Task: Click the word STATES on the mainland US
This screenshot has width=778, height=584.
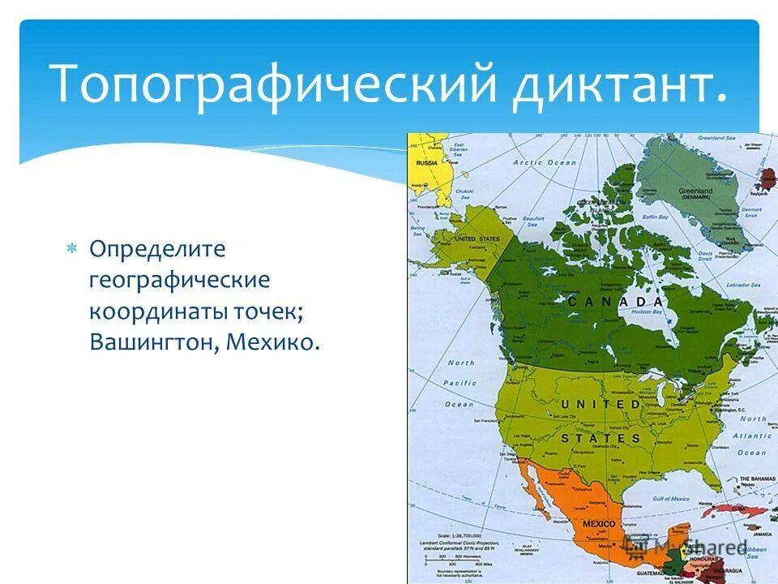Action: pos(600,438)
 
